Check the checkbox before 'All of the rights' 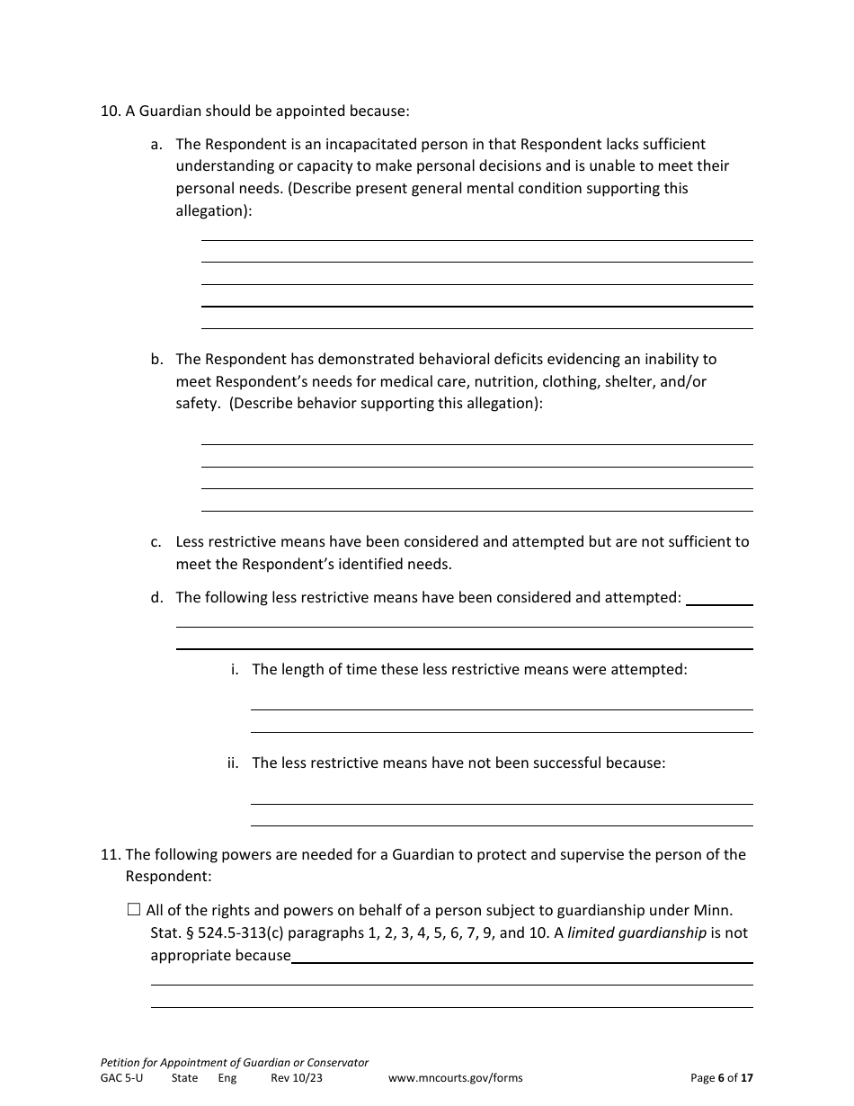[134, 910]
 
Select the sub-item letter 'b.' [156, 359]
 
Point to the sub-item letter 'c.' [156, 541]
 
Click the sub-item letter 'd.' [156, 597]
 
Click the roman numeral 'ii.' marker [233, 763]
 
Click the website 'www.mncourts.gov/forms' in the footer [455, 1078]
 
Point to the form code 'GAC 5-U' [121, 1078]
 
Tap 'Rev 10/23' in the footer [296, 1078]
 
